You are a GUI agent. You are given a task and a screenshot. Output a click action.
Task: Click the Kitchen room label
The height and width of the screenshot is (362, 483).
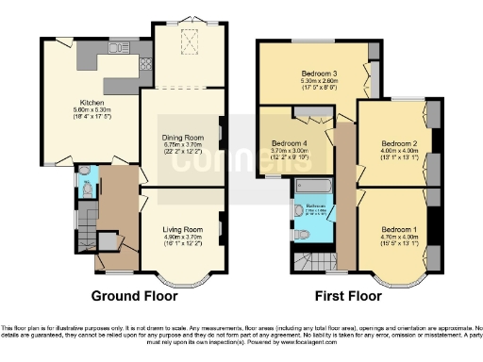tap(91, 104)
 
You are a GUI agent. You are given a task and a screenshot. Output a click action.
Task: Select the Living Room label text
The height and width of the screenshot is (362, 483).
tap(182, 229)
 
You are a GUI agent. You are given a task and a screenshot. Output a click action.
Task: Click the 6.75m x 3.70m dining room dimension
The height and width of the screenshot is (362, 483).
tap(182, 145)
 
